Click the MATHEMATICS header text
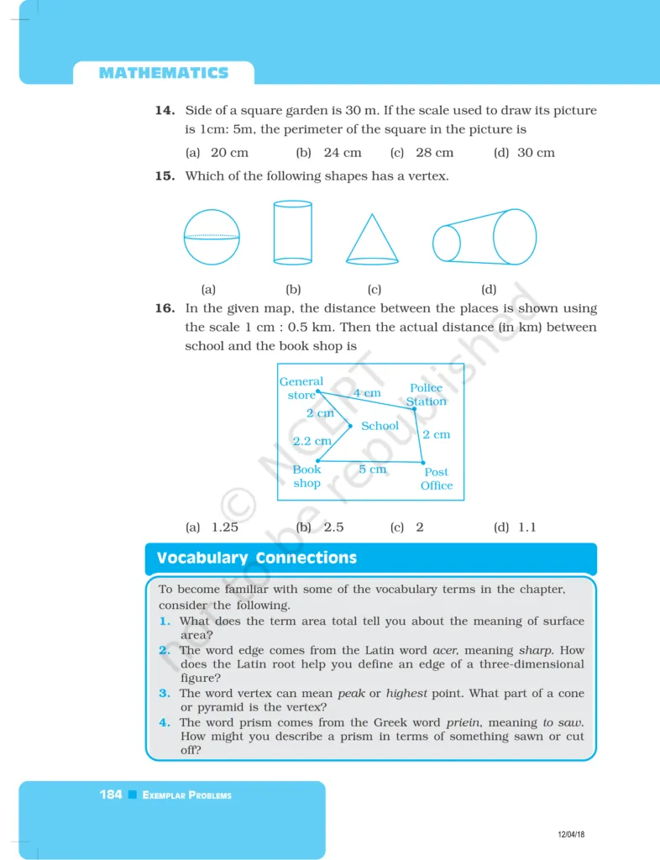(163, 73)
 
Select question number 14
(165, 111)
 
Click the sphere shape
(212, 237)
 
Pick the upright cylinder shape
(292, 232)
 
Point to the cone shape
(372, 239)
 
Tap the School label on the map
(380, 426)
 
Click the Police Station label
(426, 395)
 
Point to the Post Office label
(437, 479)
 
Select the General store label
(301, 388)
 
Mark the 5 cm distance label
(373, 469)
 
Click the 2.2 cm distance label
(312, 440)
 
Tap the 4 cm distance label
(366, 393)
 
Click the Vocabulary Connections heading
(256, 558)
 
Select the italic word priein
(463, 722)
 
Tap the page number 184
(111, 794)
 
